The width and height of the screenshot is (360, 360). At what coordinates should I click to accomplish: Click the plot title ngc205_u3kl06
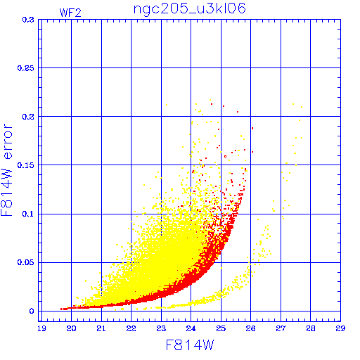coord(190,9)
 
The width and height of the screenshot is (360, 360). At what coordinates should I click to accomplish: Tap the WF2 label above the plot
coord(70,13)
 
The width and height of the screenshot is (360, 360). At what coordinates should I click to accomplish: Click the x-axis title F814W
coord(190,345)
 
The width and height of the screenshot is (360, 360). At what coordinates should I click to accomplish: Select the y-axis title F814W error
coord(6,170)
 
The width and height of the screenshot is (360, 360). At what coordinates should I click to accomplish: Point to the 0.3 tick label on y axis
coord(28,20)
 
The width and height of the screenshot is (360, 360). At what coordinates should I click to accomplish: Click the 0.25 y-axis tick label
coord(26,68)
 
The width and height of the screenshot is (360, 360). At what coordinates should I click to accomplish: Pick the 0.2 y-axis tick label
coord(28,117)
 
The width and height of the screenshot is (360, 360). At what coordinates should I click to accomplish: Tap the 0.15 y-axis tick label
coord(26,165)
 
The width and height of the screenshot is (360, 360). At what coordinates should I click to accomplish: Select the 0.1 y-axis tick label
coord(28,214)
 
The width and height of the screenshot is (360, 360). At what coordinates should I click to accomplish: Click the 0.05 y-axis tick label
coord(26,262)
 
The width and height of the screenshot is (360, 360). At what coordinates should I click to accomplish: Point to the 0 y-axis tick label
coord(32,311)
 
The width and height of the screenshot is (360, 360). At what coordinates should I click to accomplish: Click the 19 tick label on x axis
coord(41,328)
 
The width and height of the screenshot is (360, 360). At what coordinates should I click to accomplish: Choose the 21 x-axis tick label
coord(101,328)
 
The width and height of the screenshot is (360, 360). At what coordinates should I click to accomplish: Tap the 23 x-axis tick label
coord(161,328)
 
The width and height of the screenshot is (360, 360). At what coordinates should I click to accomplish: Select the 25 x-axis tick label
coord(221,328)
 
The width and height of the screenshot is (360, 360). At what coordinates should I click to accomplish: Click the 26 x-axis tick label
coord(250,328)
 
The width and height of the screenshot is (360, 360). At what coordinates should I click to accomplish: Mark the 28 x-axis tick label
coord(311,328)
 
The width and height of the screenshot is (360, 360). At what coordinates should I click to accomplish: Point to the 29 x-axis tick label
coord(340,328)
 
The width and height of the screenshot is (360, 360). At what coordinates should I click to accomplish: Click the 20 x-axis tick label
coord(71,328)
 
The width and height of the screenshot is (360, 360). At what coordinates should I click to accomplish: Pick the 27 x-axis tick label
coord(281,328)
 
